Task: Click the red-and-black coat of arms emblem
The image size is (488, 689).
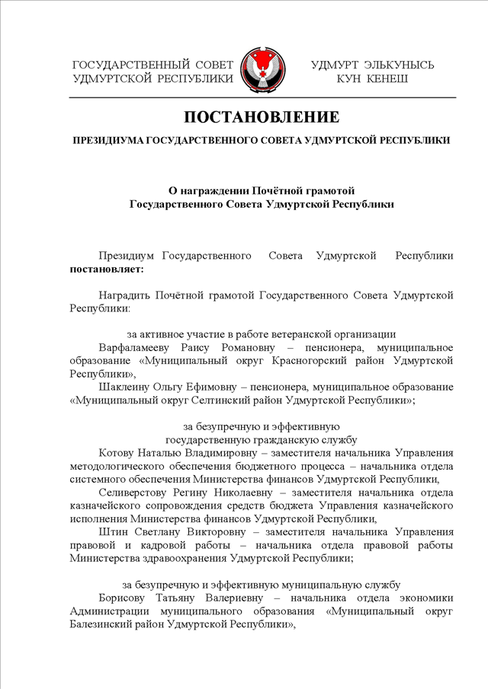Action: (262, 70)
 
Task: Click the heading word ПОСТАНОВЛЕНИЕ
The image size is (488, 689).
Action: (261, 118)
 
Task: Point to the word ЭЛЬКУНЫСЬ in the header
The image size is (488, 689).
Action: (400, 65)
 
